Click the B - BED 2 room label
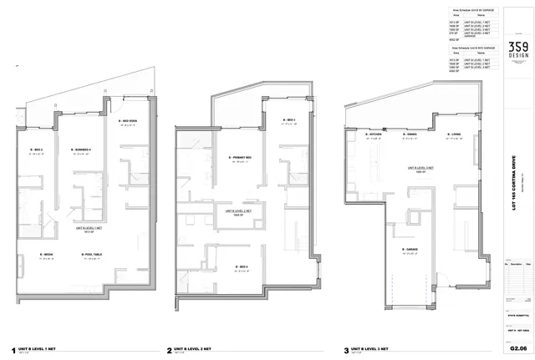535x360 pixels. tap(37, 151)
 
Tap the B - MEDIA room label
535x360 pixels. tap(48, 255)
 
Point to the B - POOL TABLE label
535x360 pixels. tap(92, 255)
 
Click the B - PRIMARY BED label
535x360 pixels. tap(242, 157)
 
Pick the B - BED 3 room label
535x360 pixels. tap(288, 120)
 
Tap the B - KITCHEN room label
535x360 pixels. tap(374, 134)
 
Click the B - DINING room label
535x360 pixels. tap(410, 134)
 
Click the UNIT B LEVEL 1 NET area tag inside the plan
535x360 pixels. tap(87, 227)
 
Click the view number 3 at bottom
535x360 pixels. tap(346, 351)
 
